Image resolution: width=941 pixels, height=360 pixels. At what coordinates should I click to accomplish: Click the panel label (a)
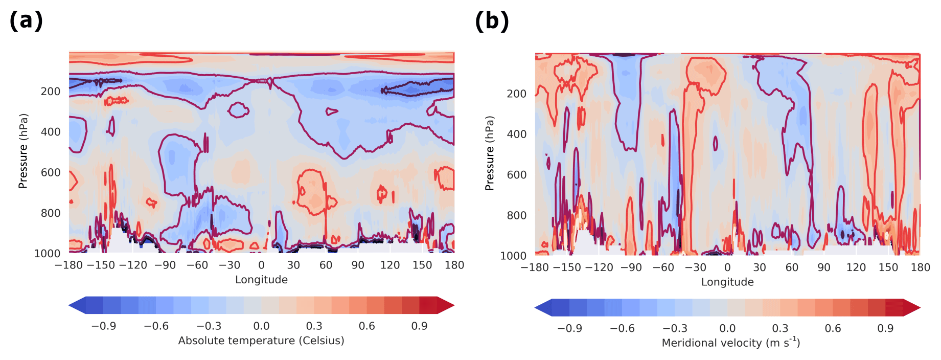coord(26,20)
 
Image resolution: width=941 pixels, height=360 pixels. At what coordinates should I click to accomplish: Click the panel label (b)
coord(492,21)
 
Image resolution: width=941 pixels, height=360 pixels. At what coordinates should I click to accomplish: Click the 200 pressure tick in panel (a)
coord(51,92)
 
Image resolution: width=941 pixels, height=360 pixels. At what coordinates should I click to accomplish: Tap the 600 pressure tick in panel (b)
coord(516,175)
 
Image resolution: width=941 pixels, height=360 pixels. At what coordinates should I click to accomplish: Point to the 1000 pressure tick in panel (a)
coord(47,254)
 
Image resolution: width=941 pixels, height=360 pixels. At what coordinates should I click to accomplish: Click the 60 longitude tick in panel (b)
coord(791,267)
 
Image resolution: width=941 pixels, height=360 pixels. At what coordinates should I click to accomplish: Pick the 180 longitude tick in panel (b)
coord(920,267)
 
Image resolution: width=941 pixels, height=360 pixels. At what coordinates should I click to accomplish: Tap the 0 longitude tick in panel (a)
coord(261,265)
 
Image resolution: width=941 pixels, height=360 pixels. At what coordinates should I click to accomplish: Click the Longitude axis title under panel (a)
coord(261,280)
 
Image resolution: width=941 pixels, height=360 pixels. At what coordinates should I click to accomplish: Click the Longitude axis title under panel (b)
coord(727,282)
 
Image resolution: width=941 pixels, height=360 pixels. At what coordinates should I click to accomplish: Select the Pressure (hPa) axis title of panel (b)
coord(490,153)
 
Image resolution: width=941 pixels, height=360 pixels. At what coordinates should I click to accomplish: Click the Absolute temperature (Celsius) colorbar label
coord(261,341)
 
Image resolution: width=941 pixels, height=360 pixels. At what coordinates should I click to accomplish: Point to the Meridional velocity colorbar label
coord(731,343)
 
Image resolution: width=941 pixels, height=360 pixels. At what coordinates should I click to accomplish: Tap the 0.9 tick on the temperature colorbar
coord(419,326)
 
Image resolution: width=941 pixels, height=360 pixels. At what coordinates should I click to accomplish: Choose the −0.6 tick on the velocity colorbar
coord(622,328)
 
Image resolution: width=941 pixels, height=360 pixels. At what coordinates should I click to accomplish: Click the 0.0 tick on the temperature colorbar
coord(261,326)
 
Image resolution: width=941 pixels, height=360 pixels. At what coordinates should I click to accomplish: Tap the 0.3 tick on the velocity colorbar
coord(780,328)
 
